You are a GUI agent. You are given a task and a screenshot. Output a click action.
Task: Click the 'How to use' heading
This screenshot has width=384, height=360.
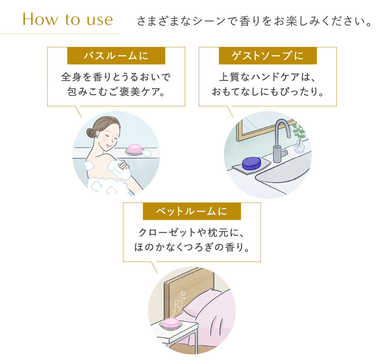tap(68, 20)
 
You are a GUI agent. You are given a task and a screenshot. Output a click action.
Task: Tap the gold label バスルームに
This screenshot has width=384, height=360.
tap(116, 56)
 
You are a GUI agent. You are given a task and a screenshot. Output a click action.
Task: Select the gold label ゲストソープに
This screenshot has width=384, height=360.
tap(267, 56)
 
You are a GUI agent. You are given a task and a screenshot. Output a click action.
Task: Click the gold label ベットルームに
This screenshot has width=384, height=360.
tap(192, 211)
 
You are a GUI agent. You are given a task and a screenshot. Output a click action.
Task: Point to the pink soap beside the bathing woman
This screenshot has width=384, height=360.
tap(135, 148)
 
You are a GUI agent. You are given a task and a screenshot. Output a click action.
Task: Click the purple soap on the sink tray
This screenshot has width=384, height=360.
tap(251, 163)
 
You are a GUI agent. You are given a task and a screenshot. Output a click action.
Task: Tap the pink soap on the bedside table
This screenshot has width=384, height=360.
tap(170, 323)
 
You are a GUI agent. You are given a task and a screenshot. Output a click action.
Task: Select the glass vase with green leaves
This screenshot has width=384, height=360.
tap(299, 144)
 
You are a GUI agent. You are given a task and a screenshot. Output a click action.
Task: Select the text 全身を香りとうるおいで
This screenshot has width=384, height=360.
tap(116, 77)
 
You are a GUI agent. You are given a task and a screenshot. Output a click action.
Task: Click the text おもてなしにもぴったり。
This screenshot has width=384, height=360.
tap(267, 92)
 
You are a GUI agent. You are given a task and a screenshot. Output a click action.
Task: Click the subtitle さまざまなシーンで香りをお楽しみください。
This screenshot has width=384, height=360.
tap(255, 21)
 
